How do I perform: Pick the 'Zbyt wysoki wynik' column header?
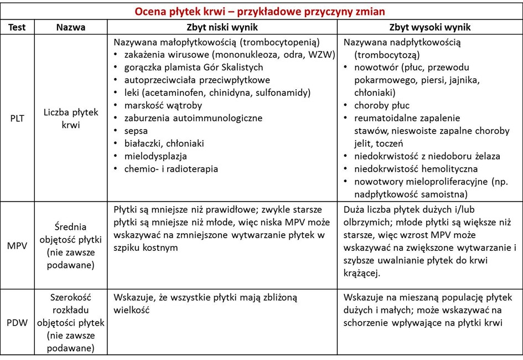point(430,28)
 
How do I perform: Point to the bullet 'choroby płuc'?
point(382,105)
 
